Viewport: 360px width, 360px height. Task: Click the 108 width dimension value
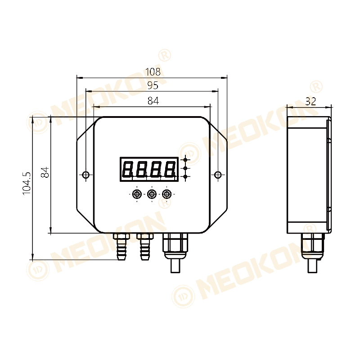pyautogui.click(x=153, y=72)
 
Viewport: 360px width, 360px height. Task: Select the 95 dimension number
pyautogui.click(x=153, y=85)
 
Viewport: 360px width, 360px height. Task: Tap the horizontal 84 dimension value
pyautogui.click(x=153, y=101)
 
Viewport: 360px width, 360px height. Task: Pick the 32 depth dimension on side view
pyautogui.click(x=310, y=102)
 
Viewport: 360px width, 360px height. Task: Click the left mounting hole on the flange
pyautogui.click(x=86, y=175)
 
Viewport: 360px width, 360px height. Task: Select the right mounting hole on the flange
pyautogui.click(x=218, y=175)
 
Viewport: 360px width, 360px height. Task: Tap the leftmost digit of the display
pyautogui.click(x=128, y=169)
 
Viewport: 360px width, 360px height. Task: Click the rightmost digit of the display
pyautogui.click(x=170, y=169)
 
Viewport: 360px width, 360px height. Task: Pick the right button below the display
pyautogui.click(x=167, y=194)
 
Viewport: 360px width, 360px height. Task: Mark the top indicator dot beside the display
pyautogui.click(x=185, y=160)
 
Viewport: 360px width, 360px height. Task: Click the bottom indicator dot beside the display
pyautogui.click(x=185, y=177)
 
